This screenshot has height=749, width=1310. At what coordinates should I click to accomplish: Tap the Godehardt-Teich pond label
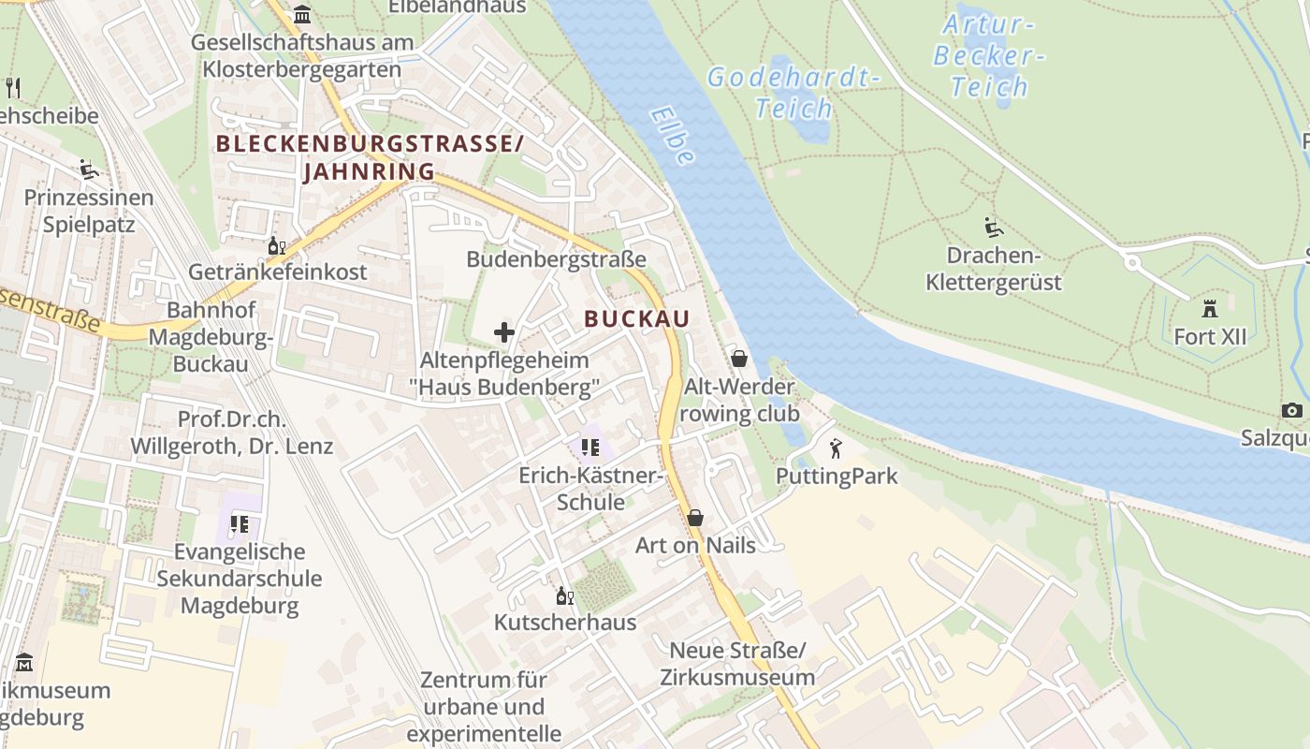click(793, 93)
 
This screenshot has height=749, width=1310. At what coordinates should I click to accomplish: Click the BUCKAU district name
click(636, 319)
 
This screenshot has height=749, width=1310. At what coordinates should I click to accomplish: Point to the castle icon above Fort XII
click(1210, 308)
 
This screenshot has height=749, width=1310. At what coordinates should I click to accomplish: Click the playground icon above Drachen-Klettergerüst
click(994, 228)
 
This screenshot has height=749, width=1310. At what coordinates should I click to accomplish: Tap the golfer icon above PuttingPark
click(836, 448)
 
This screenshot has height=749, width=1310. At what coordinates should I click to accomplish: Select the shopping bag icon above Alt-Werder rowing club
click(739, 359)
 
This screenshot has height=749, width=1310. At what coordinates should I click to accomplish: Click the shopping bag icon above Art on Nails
click(695, 518)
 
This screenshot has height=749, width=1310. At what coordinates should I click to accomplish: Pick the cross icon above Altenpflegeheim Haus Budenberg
click(504, 332)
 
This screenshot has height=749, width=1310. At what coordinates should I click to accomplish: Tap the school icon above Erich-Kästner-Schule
click(589, 448)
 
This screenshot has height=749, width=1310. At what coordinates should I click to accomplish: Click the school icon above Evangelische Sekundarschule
click(239, 524)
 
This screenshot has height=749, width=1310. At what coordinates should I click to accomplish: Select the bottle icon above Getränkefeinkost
click(277, 246)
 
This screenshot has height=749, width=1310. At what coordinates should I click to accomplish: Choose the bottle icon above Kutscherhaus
click(564, 595)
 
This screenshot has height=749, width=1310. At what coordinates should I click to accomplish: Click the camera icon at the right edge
click(1292, 411)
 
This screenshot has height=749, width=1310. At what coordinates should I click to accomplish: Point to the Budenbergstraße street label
click(556, 259)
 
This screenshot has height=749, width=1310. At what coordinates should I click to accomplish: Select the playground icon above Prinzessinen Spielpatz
click(89, 169)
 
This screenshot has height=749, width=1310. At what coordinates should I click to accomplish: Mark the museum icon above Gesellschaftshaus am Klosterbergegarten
click(302, 15)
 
